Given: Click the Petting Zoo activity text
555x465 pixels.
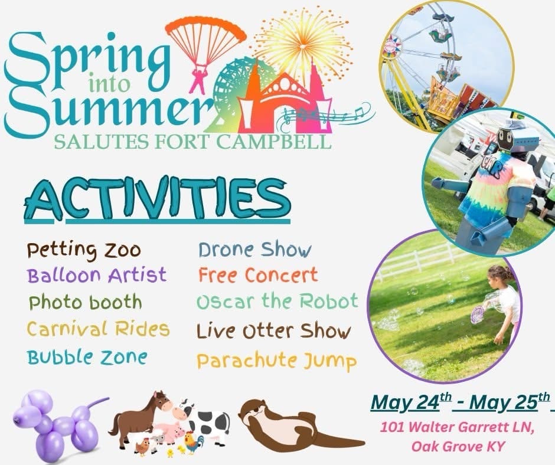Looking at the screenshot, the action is [x=84, y=251].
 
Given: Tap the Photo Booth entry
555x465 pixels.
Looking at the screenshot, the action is [x=85, y=303].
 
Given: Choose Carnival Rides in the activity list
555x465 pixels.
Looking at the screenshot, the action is [x=99, y=329].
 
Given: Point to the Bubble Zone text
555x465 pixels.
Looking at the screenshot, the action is [x=87, y=356].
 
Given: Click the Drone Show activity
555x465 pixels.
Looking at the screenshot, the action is [x=255, y=250].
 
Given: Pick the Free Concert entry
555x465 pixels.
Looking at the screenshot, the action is [x=258, y=275].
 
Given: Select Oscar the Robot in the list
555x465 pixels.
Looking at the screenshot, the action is [x=277, y=302].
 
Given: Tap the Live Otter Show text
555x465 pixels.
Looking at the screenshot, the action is [x=273, y=331].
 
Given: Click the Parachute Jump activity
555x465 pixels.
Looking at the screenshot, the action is [x=276, y=361].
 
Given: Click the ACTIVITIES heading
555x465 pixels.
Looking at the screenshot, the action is [x=158, y=200].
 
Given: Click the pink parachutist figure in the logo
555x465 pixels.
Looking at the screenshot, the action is [x=198, y=81].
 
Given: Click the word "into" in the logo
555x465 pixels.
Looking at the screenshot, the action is [x=110, y=84].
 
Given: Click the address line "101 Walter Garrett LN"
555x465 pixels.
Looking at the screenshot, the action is [x=456, y=427].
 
